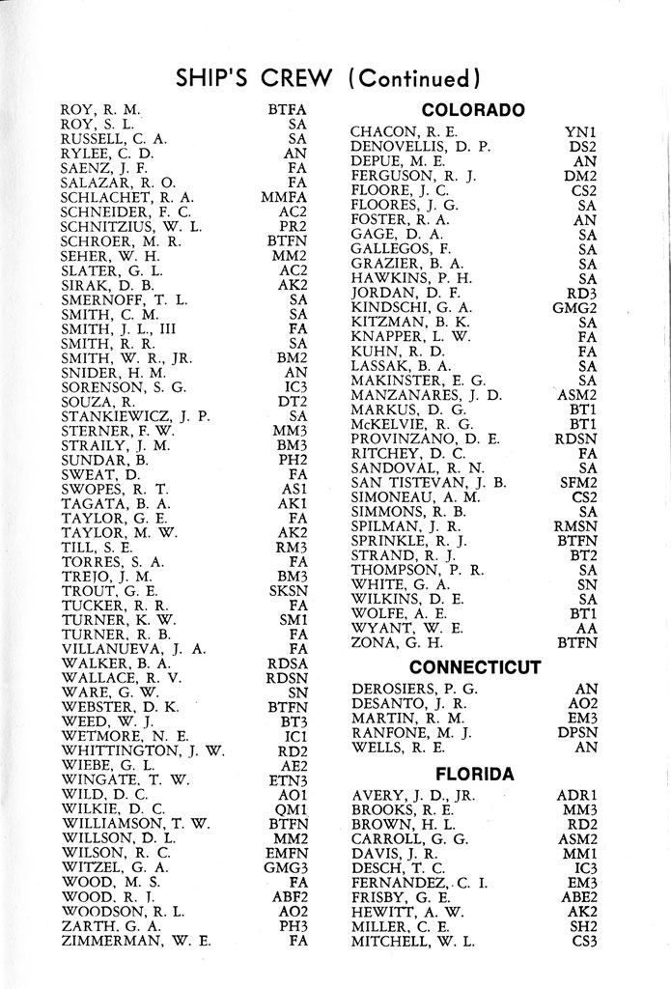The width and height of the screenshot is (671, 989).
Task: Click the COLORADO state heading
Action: pyautogui.click(x=473, y=110)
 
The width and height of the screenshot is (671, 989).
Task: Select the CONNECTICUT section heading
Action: pyautogui.click(x=474, y=666)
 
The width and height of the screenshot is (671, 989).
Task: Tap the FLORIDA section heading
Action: pyautogui.click(x=473, y=774)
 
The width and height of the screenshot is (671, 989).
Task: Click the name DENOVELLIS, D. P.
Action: pyautogui.click(x=421, y=146)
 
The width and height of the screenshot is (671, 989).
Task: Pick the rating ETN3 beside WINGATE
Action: pyautogui.click(x=287, y=779)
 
